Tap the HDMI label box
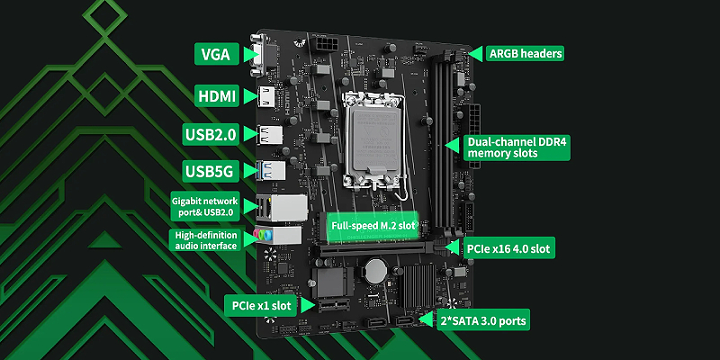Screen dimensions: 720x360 (217, 96)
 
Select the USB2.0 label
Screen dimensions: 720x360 (211, 134)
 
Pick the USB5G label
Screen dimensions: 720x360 (211, 171)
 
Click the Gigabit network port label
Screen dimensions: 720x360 (205, 207)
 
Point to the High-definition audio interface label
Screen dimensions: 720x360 (206, 240)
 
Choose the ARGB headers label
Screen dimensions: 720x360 (526, 53)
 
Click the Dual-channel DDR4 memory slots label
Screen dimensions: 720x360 (517, 148)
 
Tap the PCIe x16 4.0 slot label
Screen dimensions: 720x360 (508, 249)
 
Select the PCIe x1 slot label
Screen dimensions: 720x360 (262, 305)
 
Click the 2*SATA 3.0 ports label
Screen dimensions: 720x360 (482, 320)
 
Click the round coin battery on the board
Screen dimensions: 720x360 (377, 271)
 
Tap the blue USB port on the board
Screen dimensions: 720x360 (271, 170)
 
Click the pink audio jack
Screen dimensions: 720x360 (256, 235)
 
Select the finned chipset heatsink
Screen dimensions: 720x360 (417, 286)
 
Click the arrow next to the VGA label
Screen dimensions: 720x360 (249, 54)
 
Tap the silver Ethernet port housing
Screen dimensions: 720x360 (288, 207)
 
